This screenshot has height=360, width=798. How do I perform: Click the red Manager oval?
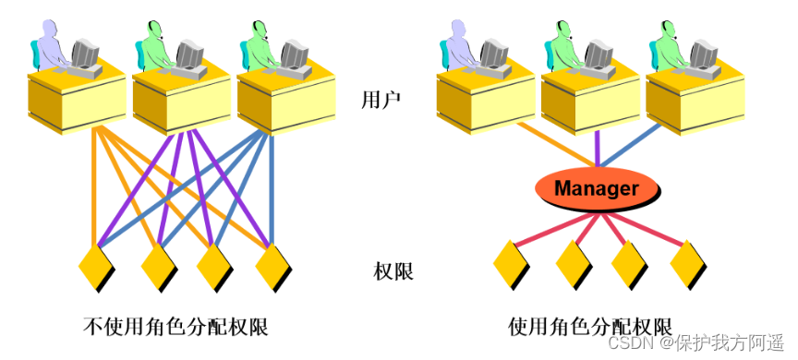(x=597, y=188)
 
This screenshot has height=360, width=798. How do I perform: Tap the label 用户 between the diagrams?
(x=380, y=101)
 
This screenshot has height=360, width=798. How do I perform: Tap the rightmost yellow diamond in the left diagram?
(x=273, y=266)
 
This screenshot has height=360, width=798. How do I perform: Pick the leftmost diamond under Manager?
(x=511, y=264)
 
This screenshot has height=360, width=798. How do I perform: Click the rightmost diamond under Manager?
(x=688, y=264)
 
